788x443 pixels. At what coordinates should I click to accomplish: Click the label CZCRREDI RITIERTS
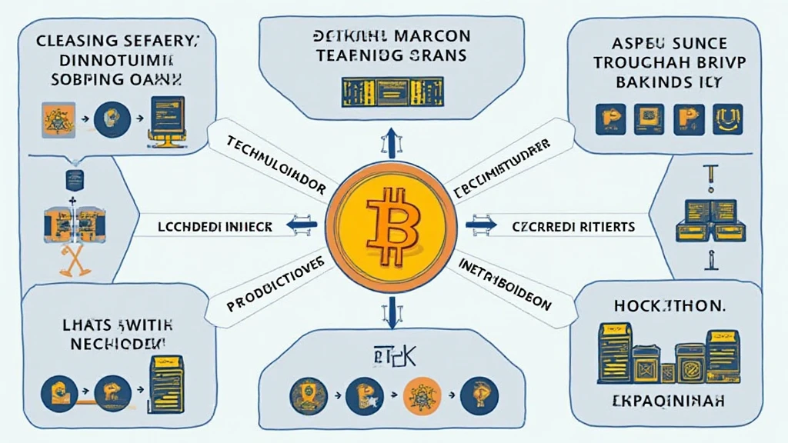(573, 227)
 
